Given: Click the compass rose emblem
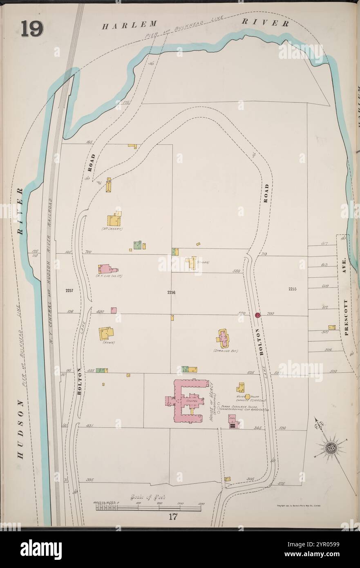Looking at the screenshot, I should (330, 448).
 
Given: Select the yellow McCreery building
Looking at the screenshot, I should (114, 220).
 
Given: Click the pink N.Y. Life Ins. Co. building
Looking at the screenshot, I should (105, 269).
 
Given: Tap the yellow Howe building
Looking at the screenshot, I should (106, 333).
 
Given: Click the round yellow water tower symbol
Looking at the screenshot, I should (247, 396).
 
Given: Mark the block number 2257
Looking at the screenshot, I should (69, 291).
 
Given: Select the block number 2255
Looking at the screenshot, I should (292, 289).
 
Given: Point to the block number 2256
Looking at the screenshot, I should (171, 292).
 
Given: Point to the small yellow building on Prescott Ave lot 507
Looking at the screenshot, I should (332, 327).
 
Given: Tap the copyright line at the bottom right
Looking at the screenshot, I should (298, 505).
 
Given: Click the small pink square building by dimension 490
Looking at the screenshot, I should (114, 310).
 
